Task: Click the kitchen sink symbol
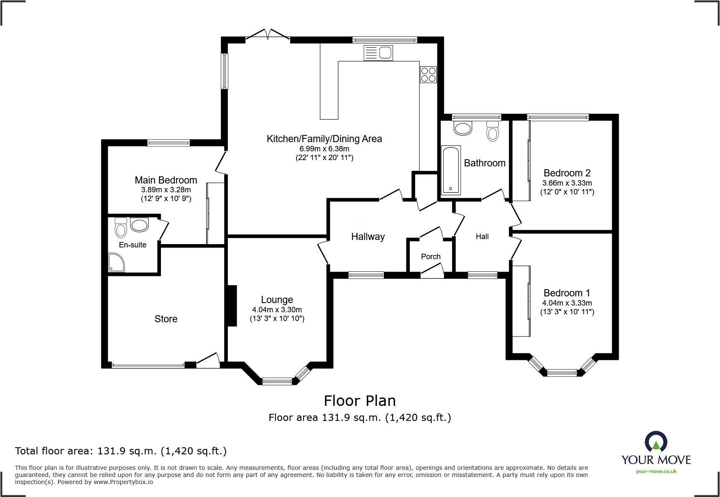coord(378,53)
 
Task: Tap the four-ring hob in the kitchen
coord(429,75)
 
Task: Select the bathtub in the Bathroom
coord(451,170)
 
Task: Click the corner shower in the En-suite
coord(116,263)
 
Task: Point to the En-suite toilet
coord(121,227)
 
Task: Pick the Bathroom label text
coord(485,163)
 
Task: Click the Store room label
coord(166,319)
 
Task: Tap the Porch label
coord(431,257)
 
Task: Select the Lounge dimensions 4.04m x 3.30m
coord(277,310)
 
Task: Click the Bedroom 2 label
coord(567,173)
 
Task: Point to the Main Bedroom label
coord(166,180)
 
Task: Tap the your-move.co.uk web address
coord(656,472)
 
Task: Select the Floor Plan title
coord(360,401)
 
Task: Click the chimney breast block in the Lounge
coord(231,306)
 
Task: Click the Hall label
coord(482,237)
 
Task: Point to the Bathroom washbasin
coord(463,128)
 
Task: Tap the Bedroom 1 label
coord(567,293)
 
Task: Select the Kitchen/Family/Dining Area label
coord(324,139)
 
